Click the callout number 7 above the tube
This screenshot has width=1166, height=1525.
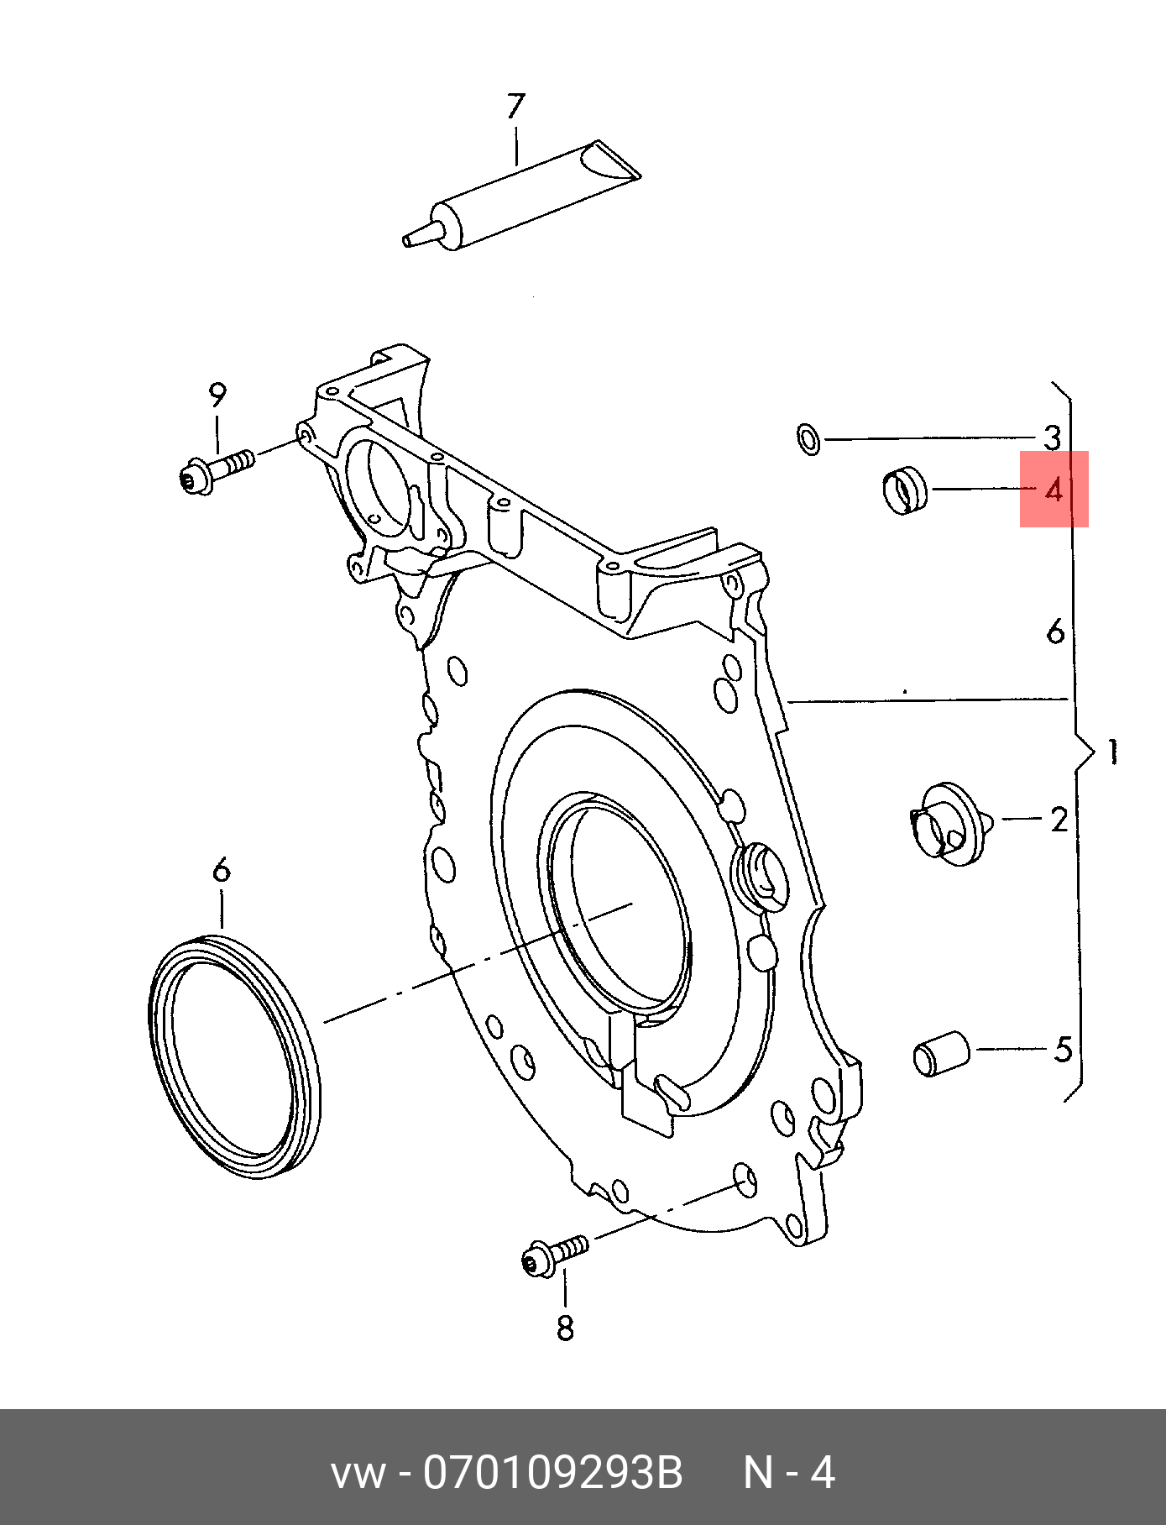coord(515,106)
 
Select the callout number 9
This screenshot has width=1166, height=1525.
coord(217,394)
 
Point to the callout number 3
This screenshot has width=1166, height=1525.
coord(1052,438)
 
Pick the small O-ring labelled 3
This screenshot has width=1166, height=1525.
coord(808,438)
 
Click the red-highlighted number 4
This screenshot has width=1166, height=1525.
coord(1054,489)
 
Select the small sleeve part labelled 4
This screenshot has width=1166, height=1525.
coord(906,490)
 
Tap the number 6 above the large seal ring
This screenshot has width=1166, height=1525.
coord(221,870)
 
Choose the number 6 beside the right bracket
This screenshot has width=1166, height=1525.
coord(1055,631)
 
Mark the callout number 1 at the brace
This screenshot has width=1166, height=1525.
coord(1112,752)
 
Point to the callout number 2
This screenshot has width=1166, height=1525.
coord(1059,820)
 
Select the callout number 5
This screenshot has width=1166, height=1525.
coord(1063,1049)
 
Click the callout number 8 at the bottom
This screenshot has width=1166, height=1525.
coord(565,1328)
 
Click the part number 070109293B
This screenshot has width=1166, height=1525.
coord(552,1473)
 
